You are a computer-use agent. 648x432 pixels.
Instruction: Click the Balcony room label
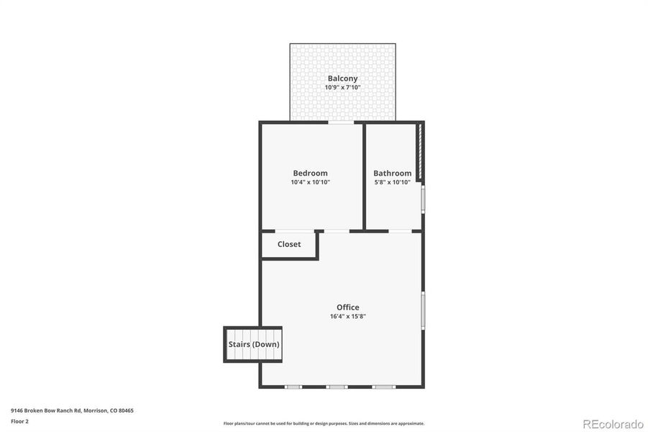click(x=342, y=78)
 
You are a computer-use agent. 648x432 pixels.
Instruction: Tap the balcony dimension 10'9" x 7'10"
click(x=342, y=88)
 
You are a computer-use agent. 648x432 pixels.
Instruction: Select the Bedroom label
click(x=310, y=173)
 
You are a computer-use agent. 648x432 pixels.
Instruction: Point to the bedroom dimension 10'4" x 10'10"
click(x=310, y=182)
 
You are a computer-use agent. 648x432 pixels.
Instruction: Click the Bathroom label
click(x=392, y=173)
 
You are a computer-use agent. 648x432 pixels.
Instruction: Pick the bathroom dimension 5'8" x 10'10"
click(x=392, y=182)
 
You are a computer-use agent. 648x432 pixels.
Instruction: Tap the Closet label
click(x=289, y=244)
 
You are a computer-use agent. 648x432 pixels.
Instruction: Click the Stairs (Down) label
click(x=254, y=344)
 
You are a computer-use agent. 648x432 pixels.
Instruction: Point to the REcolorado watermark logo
click(x=612, y=423)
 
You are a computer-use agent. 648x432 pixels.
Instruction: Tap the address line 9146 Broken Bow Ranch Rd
click(x=72, y=410)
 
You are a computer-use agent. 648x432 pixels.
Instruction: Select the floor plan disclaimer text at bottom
click(x=324, y=423)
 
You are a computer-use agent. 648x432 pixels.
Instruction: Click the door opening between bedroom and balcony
click(x=342, y=123)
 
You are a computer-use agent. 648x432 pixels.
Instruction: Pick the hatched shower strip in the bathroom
click(x=419, y=152)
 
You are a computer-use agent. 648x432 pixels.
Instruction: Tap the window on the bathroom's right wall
click(x=423, y=199)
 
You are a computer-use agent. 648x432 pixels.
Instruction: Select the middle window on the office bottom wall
click(x=337, y=387)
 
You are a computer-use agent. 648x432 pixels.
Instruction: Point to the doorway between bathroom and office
click(x=400, y=230)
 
